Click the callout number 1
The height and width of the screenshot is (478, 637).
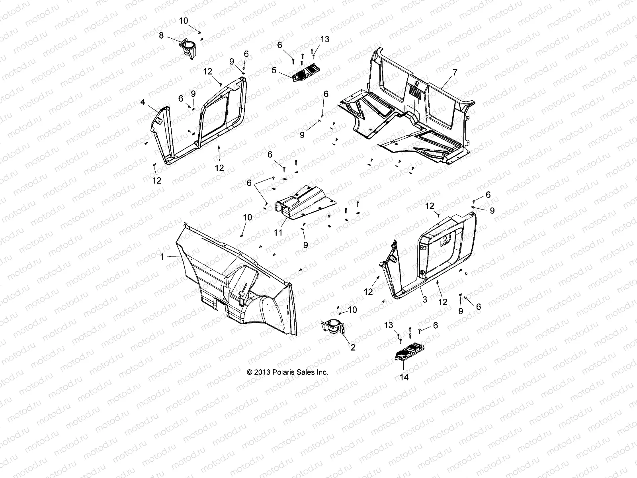pyautogui.click(x=162, y=257)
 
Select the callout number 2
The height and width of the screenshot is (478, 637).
pyautogui.click(x=353, y=347)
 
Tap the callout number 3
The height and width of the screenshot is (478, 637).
pyautogui.click(x=424, y=299)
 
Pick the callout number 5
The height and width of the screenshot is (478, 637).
pyautogui.click(x=285, y=71)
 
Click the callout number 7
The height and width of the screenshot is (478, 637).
pyautogui.click(x=455, y=72)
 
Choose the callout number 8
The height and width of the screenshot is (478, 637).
pyautogui.click(x=161, y=35)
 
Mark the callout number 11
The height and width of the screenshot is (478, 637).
pyautogui.click(x=278, y=232)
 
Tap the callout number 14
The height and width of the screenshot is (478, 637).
pyautogui.click(x=404, y=377)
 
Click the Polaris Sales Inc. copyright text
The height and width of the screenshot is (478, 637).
pyautogui.click(x=287, y=372)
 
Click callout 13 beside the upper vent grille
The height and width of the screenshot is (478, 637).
pyautogui.click(x=325, y=39)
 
